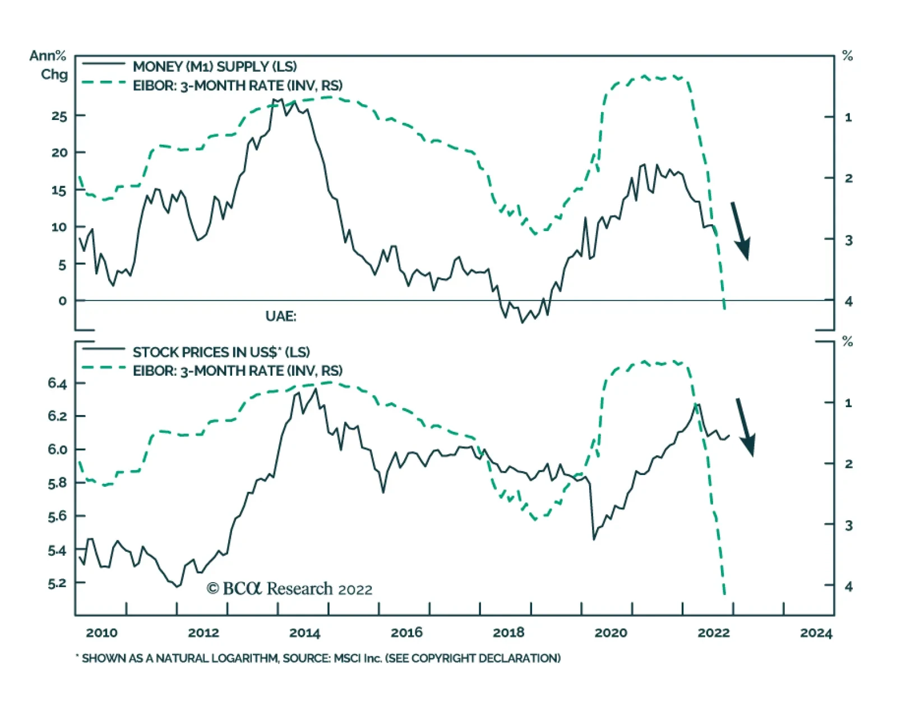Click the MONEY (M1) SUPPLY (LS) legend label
(215, 67)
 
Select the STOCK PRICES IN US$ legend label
(221, 352)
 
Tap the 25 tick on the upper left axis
(59, 116)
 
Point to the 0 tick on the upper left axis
(62, 301)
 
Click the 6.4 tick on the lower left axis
(57, 384)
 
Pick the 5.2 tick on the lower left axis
(57, 583)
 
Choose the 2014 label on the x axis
(304, 633)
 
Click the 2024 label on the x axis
(816, 633)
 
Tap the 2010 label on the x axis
(101, 633)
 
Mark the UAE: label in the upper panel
(281, 316)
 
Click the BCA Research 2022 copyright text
(289, 589)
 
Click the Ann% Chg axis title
(49, 65)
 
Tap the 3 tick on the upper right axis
(849, 240)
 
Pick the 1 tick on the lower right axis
(848, 403)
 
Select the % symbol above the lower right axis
(848, 342)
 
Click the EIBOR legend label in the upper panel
(237, 86)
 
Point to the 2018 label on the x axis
(508, 633)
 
